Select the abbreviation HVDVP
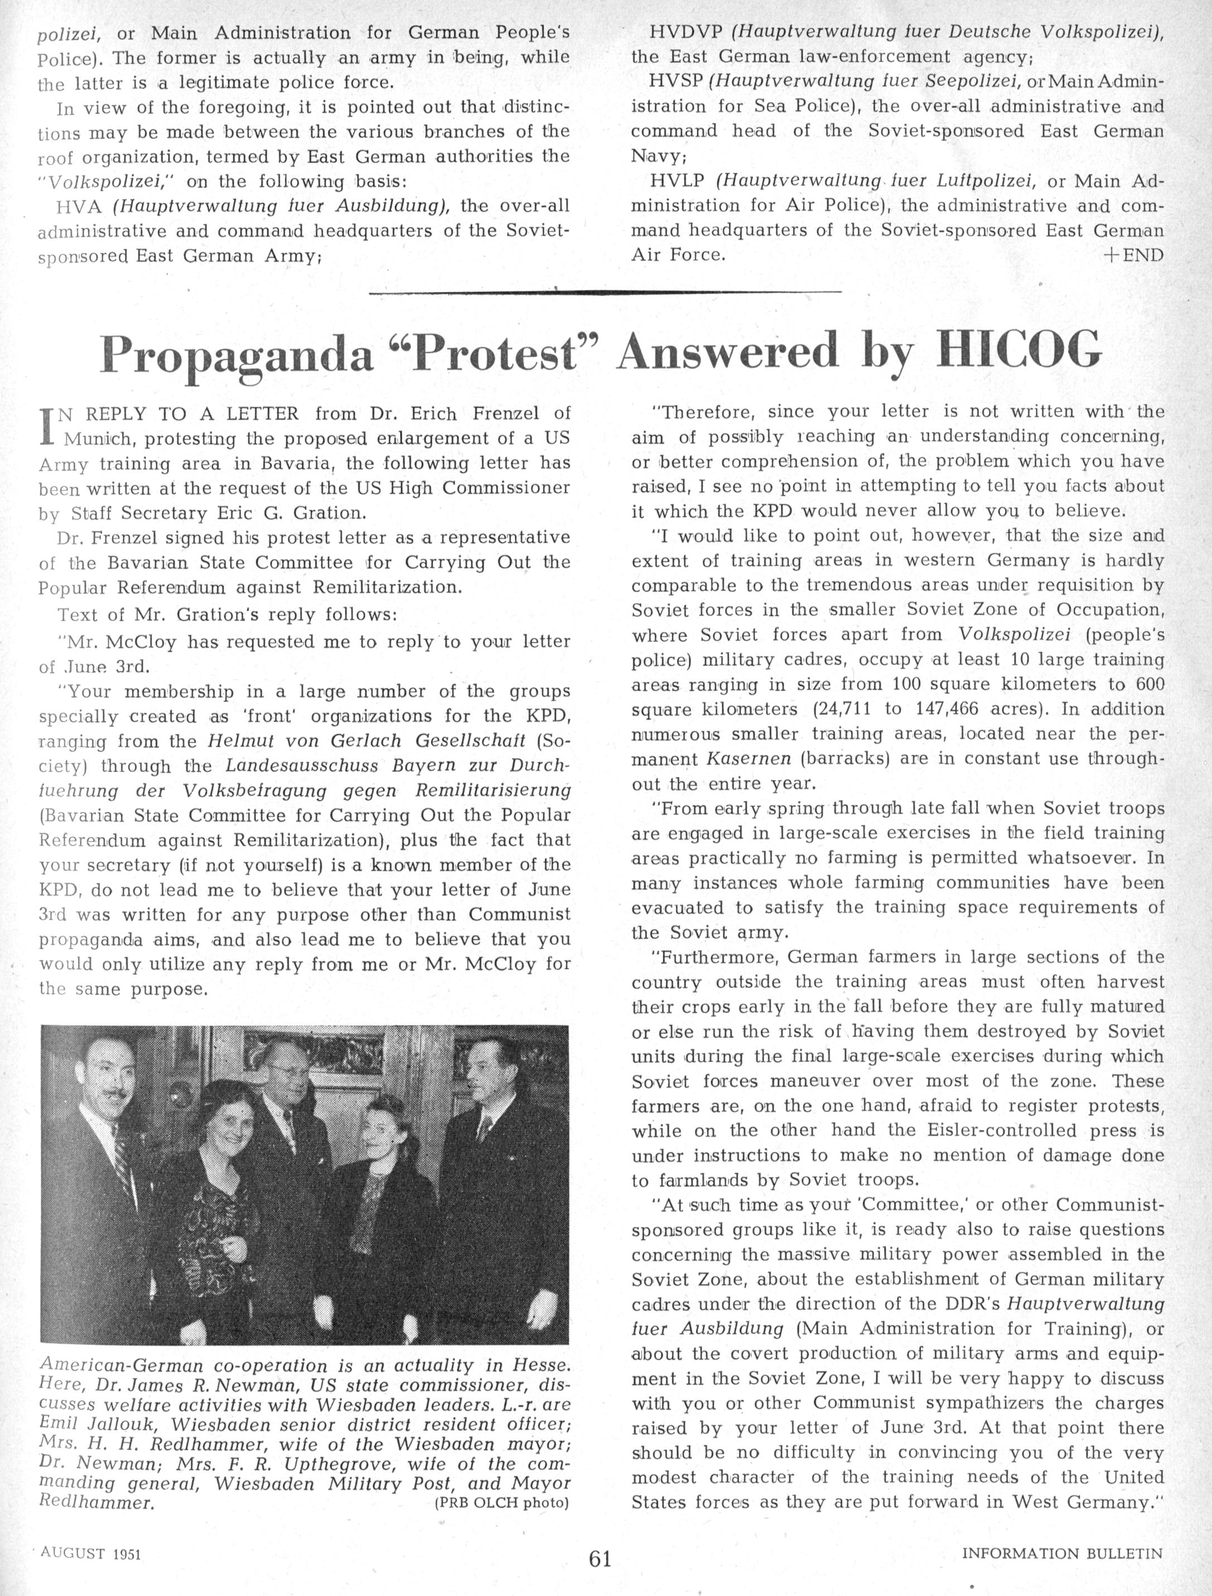coord(677,32)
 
